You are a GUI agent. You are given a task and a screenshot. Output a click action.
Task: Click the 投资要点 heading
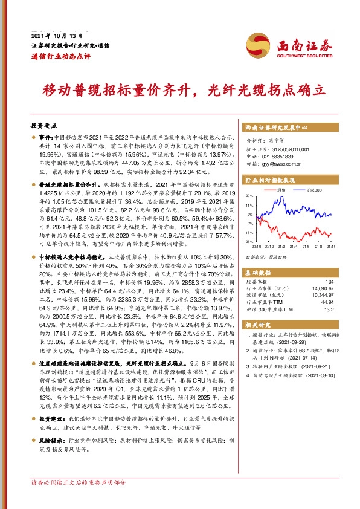[43, 125]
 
